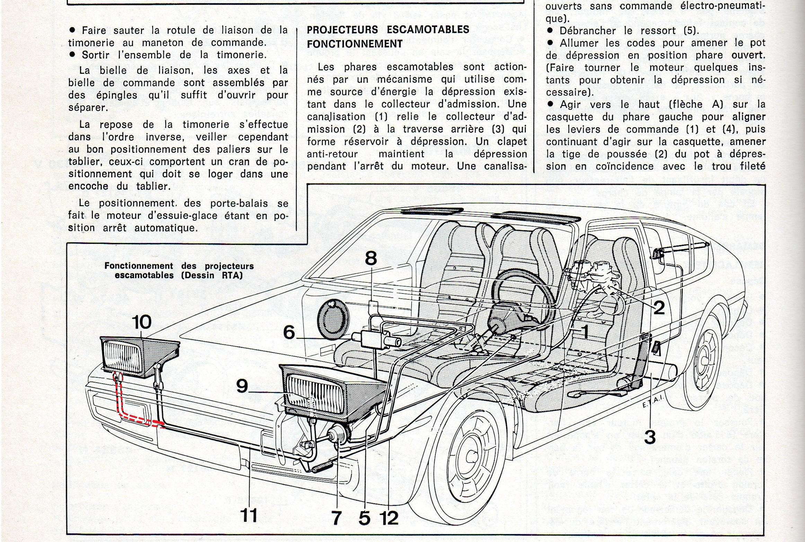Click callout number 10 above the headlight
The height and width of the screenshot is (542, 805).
(x=142, y=322)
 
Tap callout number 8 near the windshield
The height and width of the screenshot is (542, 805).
(x=371, y=258)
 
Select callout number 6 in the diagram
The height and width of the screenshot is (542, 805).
(x=289, y=332)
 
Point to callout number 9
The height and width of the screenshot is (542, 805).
(x=242, y=386)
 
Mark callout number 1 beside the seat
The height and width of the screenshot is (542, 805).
(x=584, y=332)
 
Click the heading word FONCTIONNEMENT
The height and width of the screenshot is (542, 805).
(x=354, y=44)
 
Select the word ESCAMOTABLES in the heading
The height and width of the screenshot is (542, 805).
(x=428, y=29)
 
